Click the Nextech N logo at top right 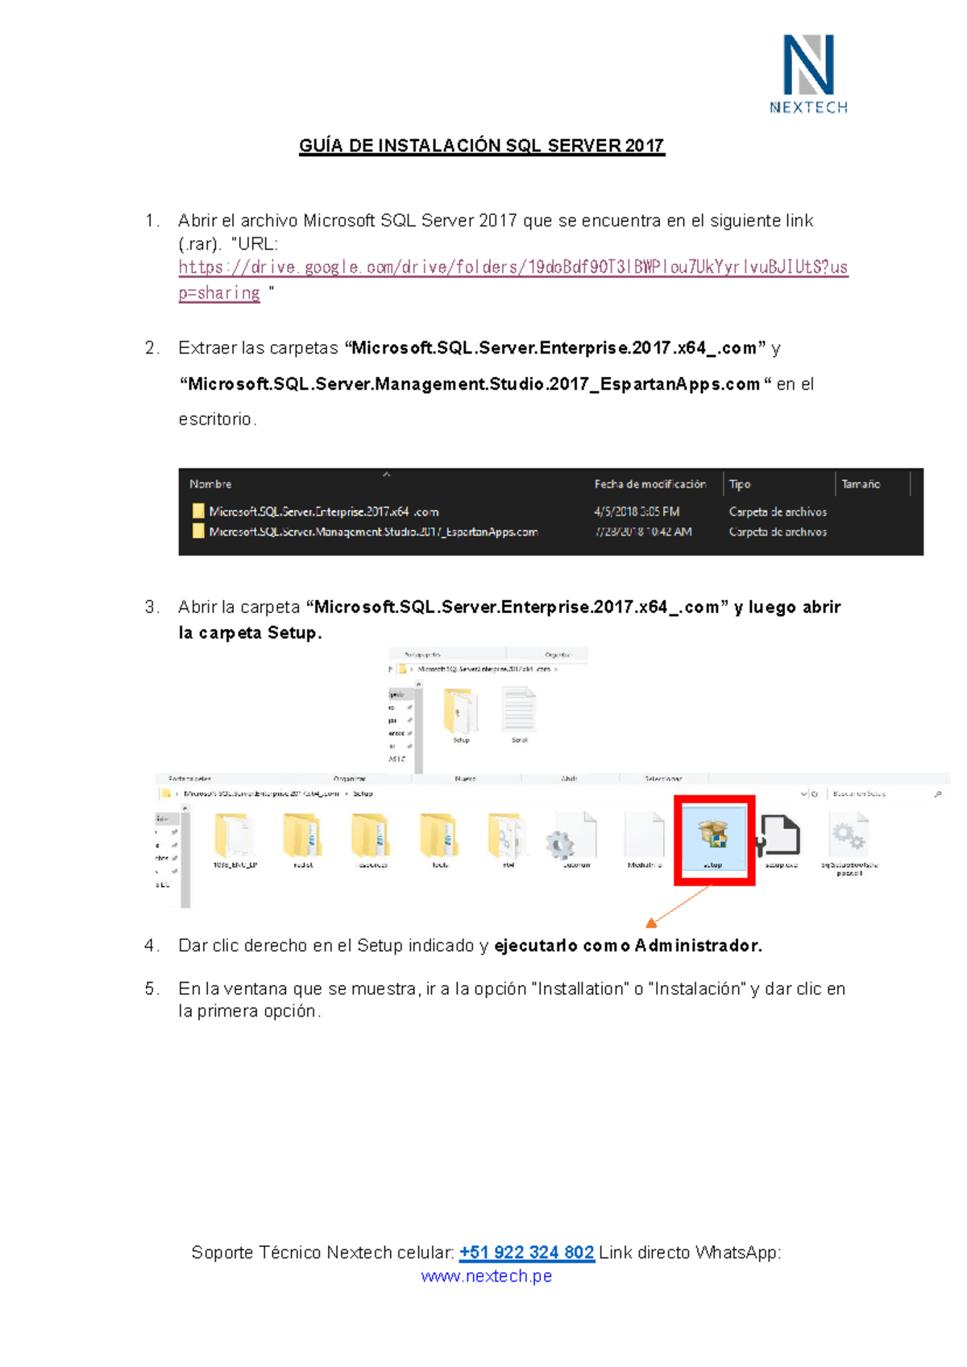coord(808,66)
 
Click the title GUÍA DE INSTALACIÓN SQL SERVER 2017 coord(481,146)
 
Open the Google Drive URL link coord(513,267)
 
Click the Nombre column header coord(210,484)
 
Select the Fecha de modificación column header coord(650,484)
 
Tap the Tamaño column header coord(861,484)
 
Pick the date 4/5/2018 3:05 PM coord(637,512)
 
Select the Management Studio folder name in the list coord(372,532)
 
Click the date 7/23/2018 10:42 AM coord(642,532)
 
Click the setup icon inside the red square coord(713,835)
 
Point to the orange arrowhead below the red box coord(651,923)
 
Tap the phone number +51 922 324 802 coord(526,1253)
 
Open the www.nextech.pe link coord(486,1276)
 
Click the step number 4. coord(151,946)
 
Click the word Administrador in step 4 coord(697,946)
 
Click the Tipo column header coord(740,484)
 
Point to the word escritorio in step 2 coord(215,420)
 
